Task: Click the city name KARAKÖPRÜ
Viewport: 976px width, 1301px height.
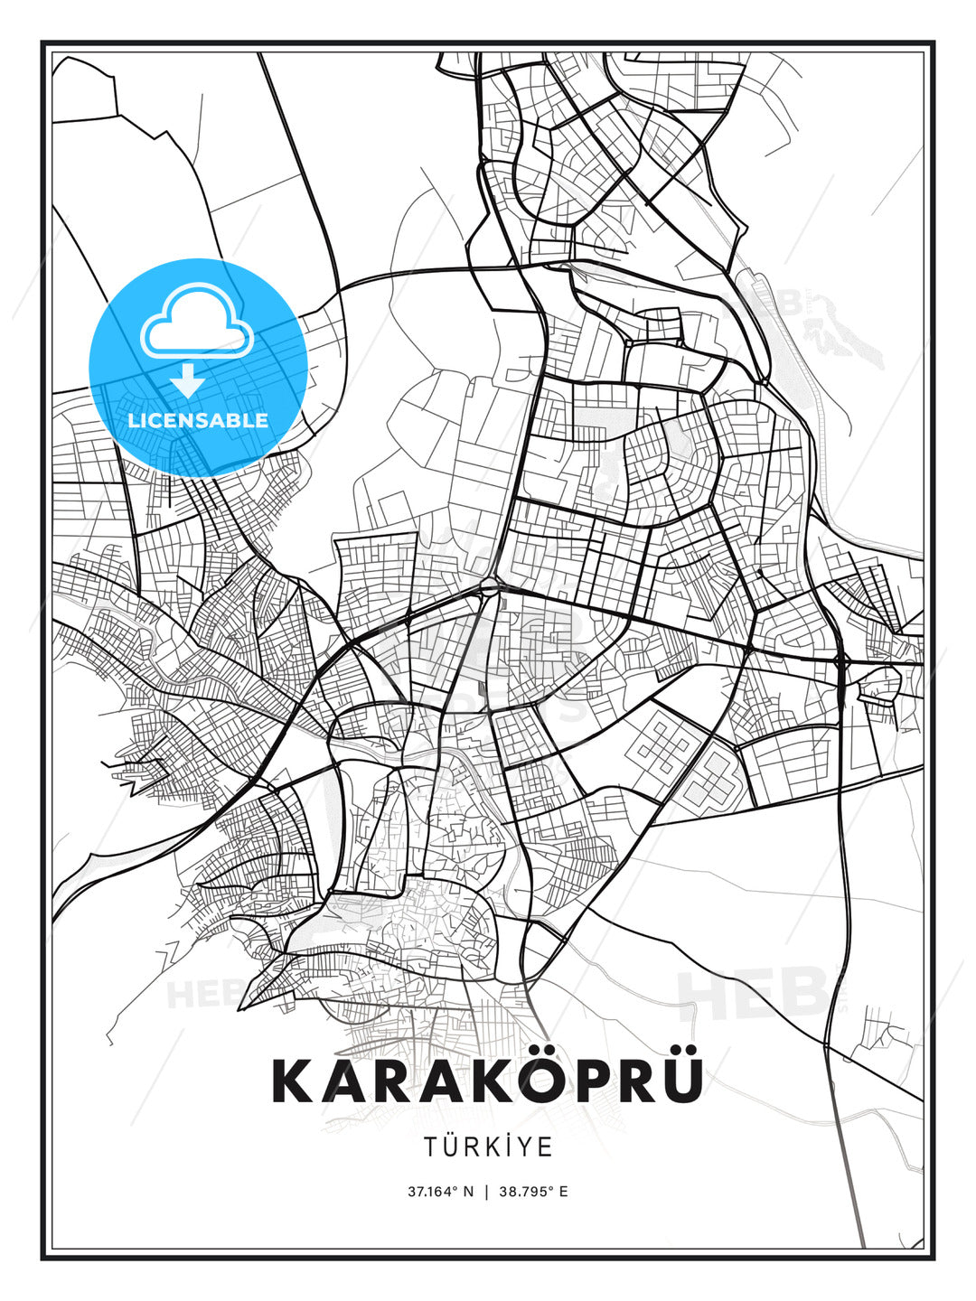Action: point(488,1081)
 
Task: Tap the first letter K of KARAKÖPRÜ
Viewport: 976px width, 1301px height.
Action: point(291,1081)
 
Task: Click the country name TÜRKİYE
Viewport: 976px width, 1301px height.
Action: point(488,1147)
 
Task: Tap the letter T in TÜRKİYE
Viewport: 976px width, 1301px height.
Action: point(429,1147)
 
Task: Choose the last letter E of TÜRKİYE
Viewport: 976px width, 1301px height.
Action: point(546,1147)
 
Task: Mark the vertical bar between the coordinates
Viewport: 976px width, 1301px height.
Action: point(487,1192)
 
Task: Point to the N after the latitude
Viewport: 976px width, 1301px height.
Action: point(468,1192)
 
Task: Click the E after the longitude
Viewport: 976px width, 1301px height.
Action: point(563,1192)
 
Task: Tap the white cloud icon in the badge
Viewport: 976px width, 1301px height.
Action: point(196,323)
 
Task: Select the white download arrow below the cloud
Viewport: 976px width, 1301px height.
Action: point(187,380)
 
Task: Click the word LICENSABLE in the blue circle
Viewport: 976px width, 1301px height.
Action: point(198,420)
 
